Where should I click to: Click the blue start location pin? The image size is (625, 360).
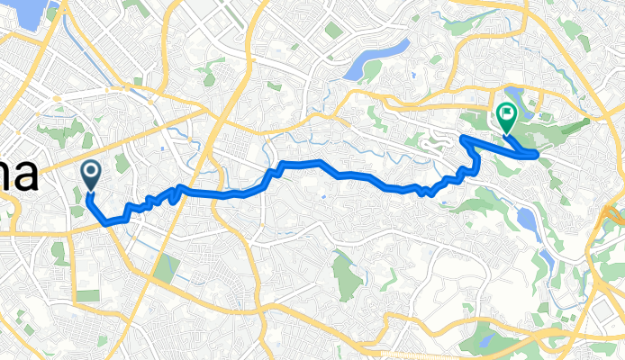(x=91, y=173)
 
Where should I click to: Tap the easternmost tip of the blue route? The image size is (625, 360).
(x=538, y=155)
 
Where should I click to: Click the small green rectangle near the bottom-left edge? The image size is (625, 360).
(x=87, y=295)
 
